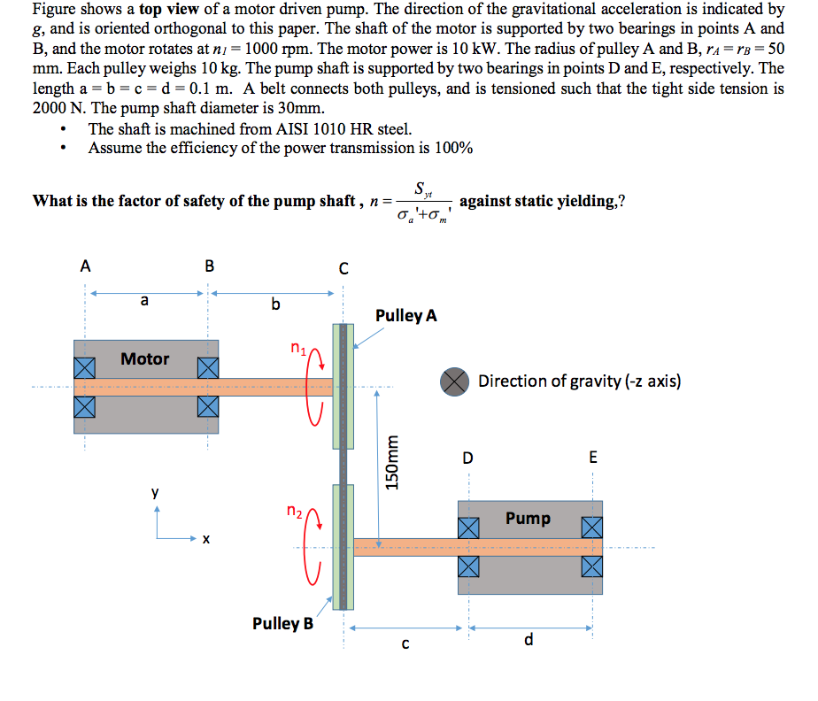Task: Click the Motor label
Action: click(145, 359)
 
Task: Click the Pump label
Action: click(528, 518)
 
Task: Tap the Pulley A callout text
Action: click(406, 316)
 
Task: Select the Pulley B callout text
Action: click(282, 623)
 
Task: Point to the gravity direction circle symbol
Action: click(454, 381)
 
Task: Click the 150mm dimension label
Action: click(394, 461)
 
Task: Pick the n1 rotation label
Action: click(299, 348)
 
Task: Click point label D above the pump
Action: click(467, 458)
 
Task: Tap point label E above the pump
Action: click(593, 458)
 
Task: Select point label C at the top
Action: click(344, 266)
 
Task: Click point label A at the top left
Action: click(85, 265)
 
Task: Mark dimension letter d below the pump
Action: click(529, 639)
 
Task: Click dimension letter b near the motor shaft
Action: click(275, 305)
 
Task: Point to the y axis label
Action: click(156, 493)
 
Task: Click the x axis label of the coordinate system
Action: click(204, 538)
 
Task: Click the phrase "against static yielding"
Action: click(541, 200)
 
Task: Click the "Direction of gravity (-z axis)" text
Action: click(579, 381)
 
